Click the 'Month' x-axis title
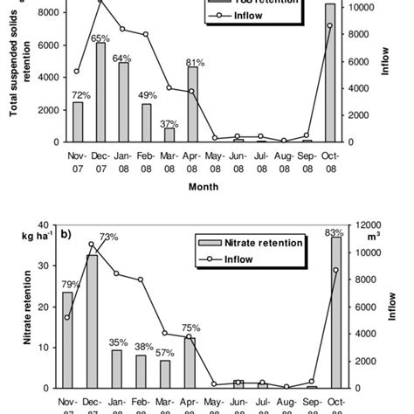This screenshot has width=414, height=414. coord(206,185)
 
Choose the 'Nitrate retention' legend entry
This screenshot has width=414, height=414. coord(259,242)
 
